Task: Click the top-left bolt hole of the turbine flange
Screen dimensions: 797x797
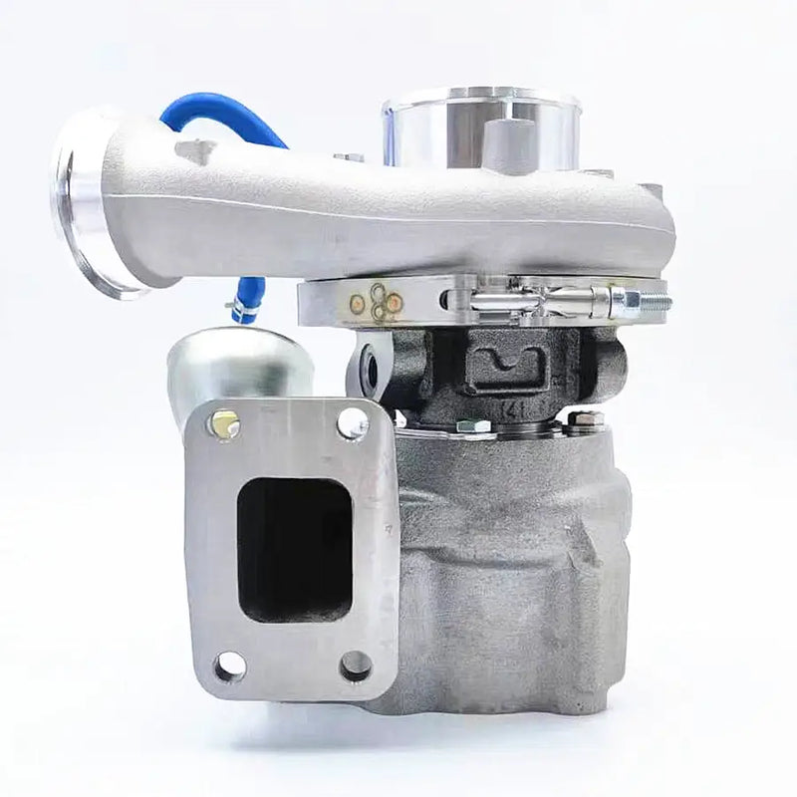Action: pos(224,425)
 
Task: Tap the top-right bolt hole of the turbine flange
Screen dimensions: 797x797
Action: pos(353,423)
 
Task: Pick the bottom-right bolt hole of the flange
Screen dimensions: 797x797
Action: pos(355,664)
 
